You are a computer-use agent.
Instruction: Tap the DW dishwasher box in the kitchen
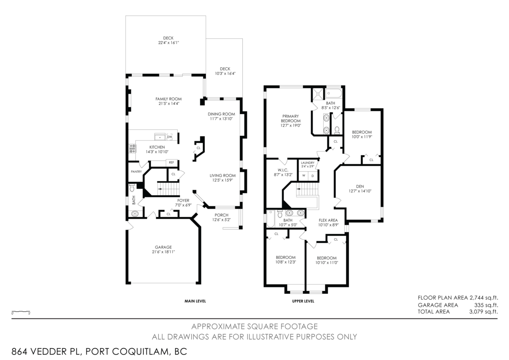[x=170, y=137]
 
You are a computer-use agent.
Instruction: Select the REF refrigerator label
[x=171, y=162]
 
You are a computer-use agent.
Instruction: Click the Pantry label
[x=136, y=172]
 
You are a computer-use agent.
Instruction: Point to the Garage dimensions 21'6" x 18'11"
[x=163, y=252]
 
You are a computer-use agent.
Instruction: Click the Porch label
[x=221, y=215]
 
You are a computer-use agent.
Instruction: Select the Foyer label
[x=184, y=200]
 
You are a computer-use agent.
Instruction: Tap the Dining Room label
[x=221, y=114]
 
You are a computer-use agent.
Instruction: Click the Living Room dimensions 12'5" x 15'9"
[x=222, y=180]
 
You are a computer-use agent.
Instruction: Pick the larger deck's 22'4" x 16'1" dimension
[x=168, y=43]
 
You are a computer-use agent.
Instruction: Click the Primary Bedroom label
[x=290, y=118]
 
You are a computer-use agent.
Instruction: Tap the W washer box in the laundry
[x=304, y=175]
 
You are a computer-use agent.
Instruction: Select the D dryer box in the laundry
[x=313, y=175]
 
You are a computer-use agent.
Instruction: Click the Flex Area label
[x=328, y=220]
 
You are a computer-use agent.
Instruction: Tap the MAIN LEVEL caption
[x=195, y=301]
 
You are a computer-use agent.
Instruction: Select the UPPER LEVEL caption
[x=303, y=301]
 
